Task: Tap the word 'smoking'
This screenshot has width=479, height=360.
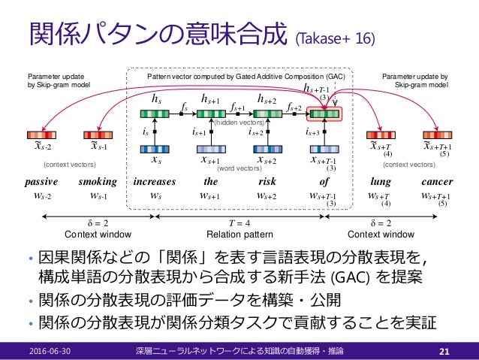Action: click(x=98, y=182)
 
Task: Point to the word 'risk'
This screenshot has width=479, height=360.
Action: click(x=268, y=182)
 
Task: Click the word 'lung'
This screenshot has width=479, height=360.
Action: click(x=381, y=182)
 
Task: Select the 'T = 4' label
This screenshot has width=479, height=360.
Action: click(x=240, y=223)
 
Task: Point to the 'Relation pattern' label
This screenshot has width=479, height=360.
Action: click(x=240, y=234)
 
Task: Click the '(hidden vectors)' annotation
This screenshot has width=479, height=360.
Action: click(x=239, y=122)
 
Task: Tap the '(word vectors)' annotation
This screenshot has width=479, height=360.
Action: click(x=239, y=168)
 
